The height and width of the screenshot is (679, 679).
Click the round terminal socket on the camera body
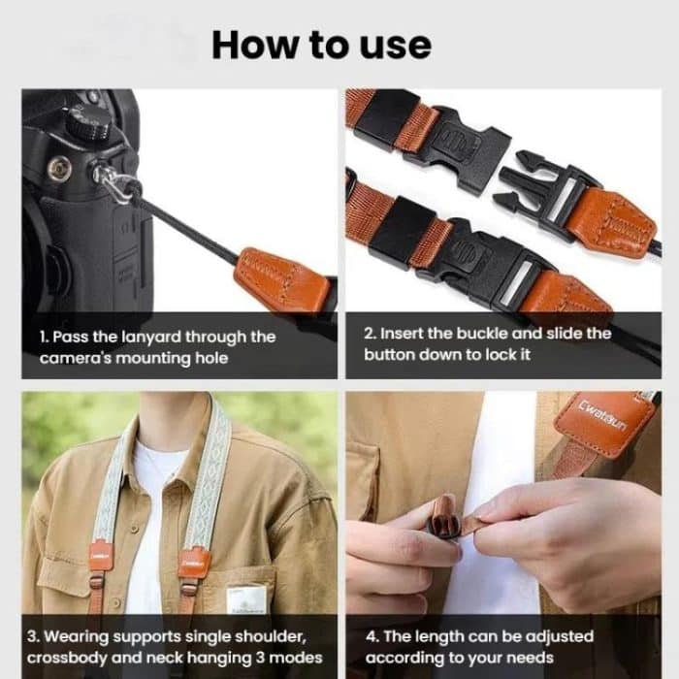61,166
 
